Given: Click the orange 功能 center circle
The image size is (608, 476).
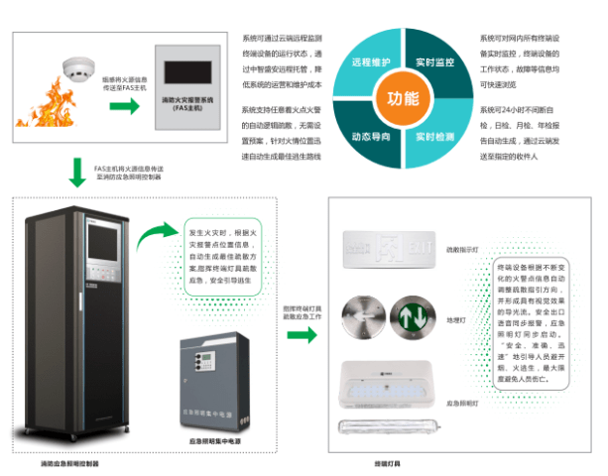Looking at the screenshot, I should [x=403, y=98].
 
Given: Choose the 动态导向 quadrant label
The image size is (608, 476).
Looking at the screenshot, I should [x=368, y=135].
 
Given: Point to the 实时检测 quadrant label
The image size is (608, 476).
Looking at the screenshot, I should [x=436, y=135].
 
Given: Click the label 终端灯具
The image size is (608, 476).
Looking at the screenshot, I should [x=388, y=463].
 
